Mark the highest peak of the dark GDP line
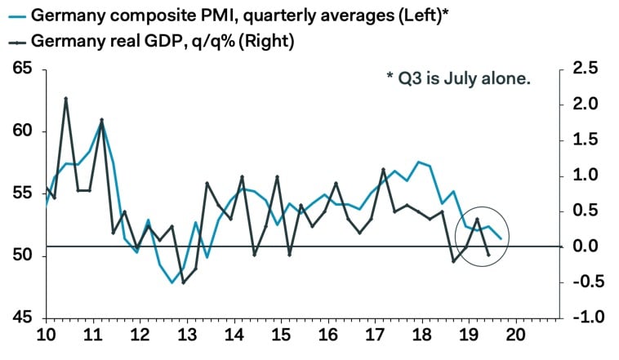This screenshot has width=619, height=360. (65, 99)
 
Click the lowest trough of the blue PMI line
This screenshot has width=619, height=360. (172, 282)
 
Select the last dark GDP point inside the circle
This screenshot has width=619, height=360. (488, 255)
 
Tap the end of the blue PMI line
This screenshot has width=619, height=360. (500, 238)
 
